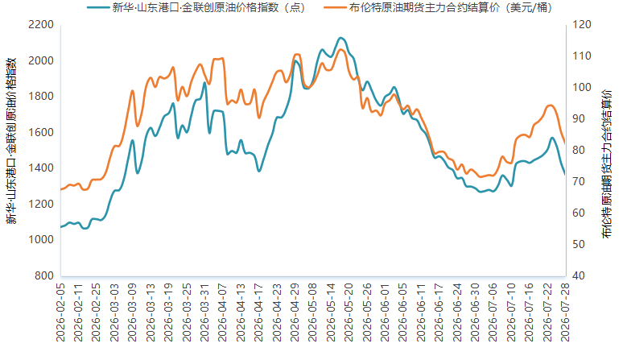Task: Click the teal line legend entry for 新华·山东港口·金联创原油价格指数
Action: pos(196,7)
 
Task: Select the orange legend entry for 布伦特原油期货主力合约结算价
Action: pos(438,7)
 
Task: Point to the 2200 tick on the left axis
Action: pos(41,25)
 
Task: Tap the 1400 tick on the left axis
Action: pos(41,168)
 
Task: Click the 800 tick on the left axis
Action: pos(44,275)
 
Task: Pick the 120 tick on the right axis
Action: pos(582,25)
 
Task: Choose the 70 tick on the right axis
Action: pos(579,181)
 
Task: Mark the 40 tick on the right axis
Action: pos(579,275)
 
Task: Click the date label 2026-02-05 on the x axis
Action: pos(60,312)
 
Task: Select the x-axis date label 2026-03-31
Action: pos(204,312)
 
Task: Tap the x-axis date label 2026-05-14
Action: pos(331,312)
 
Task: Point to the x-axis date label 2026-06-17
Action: pos(439,312)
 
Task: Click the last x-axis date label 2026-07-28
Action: pos(565,312)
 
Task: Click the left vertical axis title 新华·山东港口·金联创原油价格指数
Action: pos(11,141)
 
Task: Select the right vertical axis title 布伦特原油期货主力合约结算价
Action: pos(608,164)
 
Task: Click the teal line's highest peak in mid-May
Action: pos(340,38)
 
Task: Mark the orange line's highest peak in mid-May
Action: pos(340,50)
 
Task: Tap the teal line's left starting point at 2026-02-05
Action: pos(61,227)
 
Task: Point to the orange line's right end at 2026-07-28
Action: pos(564,143)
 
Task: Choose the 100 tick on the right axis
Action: pos(582,88)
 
